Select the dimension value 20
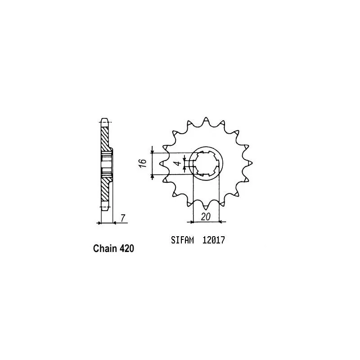(206, 217)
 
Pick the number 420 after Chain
(126, 248)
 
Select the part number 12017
(214, 241)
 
